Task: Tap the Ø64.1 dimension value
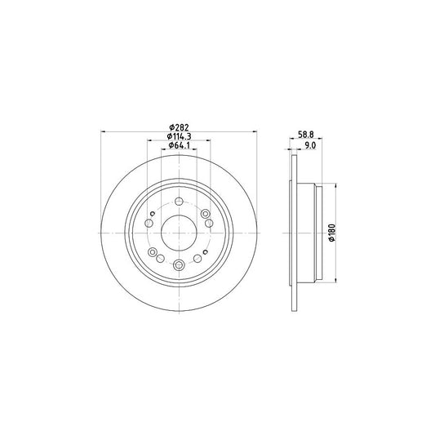(180, 146)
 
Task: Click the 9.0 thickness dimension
(308, 146)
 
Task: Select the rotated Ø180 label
(333, 233)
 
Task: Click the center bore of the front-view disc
(179, 233)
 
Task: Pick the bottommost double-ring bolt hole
(179, 263)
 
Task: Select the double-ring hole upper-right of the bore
(208, 222)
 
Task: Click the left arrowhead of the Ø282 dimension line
(102, 132)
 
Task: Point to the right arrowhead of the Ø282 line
(255, 132)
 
